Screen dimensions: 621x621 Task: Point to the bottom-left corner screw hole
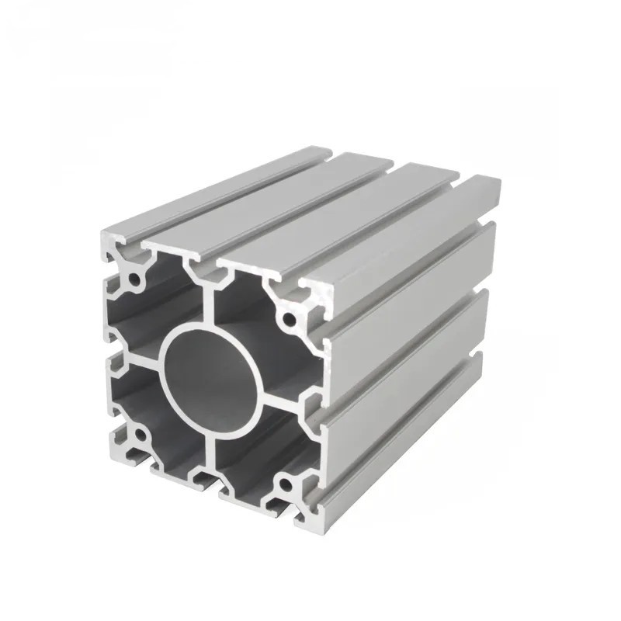coord(140,438)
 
